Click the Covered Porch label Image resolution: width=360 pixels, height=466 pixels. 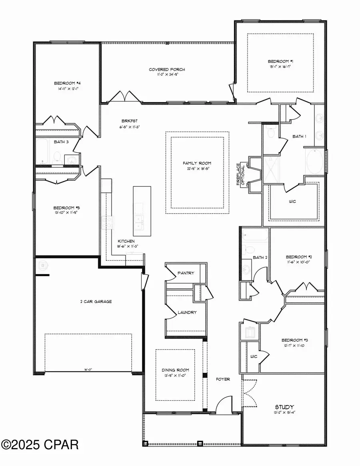point(167,70)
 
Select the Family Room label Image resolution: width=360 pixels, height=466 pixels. point(197,163)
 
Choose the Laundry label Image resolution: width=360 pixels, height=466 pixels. point(187,312)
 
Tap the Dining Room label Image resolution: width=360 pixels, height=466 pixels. point(175,370)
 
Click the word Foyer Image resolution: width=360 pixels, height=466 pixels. point(223,379)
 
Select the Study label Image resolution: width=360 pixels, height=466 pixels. point(284,407)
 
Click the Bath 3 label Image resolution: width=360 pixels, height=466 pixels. point(61,142)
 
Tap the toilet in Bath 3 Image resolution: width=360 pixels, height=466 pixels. point(57,155)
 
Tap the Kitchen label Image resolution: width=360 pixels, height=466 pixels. point(126,241)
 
